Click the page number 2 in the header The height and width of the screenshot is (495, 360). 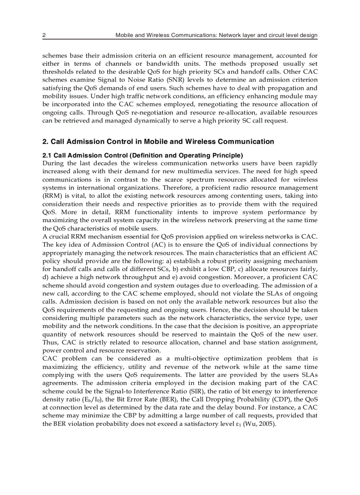(x=44, y=35)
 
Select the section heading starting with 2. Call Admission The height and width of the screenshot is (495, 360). (x=158, y=141)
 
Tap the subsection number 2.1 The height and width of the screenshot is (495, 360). (x=47, y=156)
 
